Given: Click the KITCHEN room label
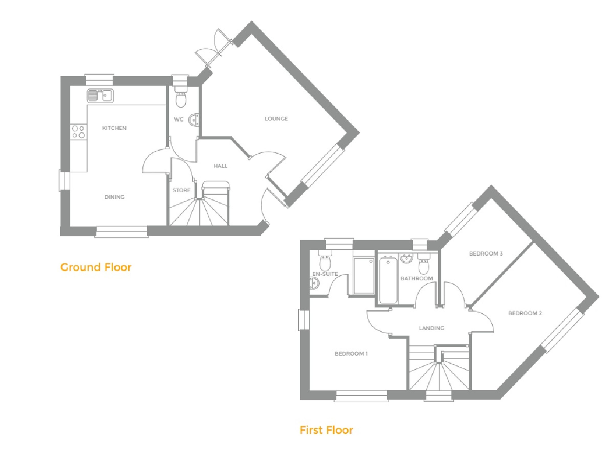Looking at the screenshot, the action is (114, 128).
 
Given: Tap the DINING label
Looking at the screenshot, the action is (114, 197).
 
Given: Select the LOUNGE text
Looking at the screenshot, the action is (276, 119).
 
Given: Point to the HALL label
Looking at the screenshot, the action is (220, 166).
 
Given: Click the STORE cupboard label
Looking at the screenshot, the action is (182, 190).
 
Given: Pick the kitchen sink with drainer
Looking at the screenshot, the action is (100, 96).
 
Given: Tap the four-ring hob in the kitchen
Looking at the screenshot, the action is (78, 132).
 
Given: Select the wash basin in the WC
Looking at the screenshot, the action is (194, 120).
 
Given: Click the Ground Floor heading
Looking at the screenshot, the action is (96, 267).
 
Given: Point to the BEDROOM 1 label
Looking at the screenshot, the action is (351, 354).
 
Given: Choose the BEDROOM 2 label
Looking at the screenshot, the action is (525, 313).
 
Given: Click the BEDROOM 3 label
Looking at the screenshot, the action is (486, 253).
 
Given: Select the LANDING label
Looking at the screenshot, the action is (432, 328).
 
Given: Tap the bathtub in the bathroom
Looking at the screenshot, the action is (388, 280).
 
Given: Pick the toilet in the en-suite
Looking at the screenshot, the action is (325, 260).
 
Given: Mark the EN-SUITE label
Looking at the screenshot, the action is (325, 274).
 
